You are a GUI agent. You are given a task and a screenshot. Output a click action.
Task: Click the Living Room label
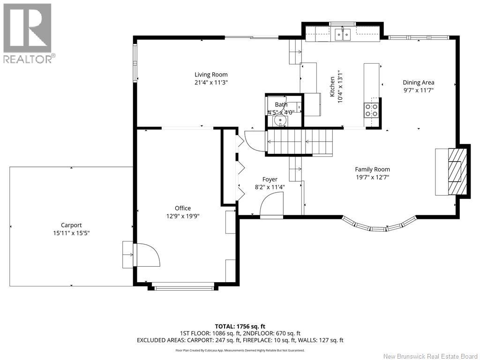click(x=211, y=75)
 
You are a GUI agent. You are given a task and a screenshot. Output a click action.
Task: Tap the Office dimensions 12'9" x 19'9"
click(x=183, y=216)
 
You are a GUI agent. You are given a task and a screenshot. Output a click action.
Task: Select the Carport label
click(x=71, y=225)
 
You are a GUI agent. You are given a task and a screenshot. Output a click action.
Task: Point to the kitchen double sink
click(x=343, y=34)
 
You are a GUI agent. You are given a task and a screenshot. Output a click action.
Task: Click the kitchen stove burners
click(x=371, y=110)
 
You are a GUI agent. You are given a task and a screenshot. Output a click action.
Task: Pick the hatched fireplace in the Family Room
click(x=457, y=172)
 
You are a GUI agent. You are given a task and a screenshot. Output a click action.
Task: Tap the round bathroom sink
click(x=279, y=120)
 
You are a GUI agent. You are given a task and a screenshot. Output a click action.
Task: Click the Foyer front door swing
click(x=271, y=204)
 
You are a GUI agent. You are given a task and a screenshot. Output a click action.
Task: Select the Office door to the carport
click(x=147, y=255)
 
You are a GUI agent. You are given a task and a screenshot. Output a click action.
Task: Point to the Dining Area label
click(x=418, y=82)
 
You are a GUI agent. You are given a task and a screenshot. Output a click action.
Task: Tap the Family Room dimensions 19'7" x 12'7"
click(x=372, y=177)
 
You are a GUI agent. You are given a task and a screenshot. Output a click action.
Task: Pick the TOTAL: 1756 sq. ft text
click(x=238, y=326)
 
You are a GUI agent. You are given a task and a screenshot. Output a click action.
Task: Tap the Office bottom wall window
click(x=184, y=288)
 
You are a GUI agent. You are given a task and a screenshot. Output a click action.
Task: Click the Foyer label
click(x=270, y=180)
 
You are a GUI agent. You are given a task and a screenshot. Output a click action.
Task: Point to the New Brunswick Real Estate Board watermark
click(x=430, y=356)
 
